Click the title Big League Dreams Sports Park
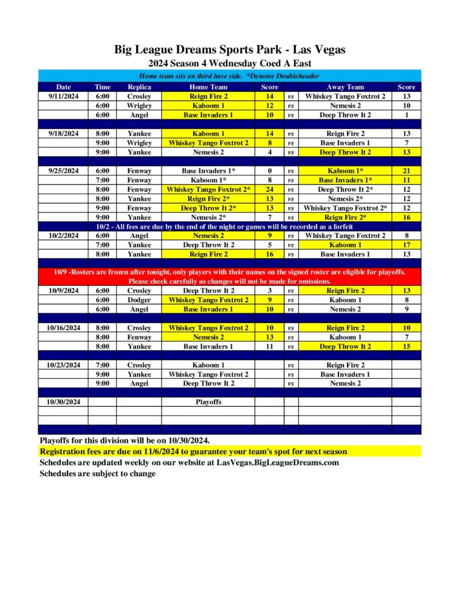230,49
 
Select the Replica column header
139,87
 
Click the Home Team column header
208,87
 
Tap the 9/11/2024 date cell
63,96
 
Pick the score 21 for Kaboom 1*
406,171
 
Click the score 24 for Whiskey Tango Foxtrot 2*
270,189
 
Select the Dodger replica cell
139,300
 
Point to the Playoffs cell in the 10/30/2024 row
208,402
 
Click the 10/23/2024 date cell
63,365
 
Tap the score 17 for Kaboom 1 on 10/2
406,245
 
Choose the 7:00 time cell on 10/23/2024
102,365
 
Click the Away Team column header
345,87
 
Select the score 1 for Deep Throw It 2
406,115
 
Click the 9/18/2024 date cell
63,133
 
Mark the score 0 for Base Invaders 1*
270,171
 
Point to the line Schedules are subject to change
97,473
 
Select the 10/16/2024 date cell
63,328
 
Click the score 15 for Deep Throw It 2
406,346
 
